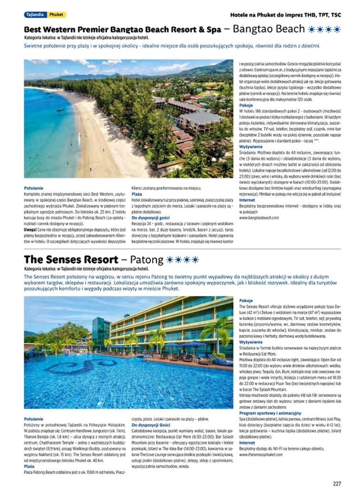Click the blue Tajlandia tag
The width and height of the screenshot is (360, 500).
click(35, 15)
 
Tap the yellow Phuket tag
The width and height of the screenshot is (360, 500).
click(57, 15)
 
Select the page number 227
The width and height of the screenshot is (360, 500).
click(337, 484)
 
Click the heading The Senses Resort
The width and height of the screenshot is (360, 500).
click(71, 260)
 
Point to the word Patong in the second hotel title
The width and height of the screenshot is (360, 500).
click(146, 260)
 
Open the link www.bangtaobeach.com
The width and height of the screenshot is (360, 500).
click(259, 217)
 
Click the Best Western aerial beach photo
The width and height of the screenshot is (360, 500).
click(129, 118)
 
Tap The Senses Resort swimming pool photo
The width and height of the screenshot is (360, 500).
click(129, 353)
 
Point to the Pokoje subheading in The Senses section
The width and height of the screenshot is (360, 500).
click(246, 301)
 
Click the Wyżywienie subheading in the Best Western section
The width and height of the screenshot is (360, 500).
click(250, 147)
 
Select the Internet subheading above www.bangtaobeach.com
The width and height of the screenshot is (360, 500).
click(247, 200)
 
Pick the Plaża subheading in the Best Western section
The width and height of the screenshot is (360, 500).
click(137, 194)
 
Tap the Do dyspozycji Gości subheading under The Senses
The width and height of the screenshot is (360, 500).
click(151, 424)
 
